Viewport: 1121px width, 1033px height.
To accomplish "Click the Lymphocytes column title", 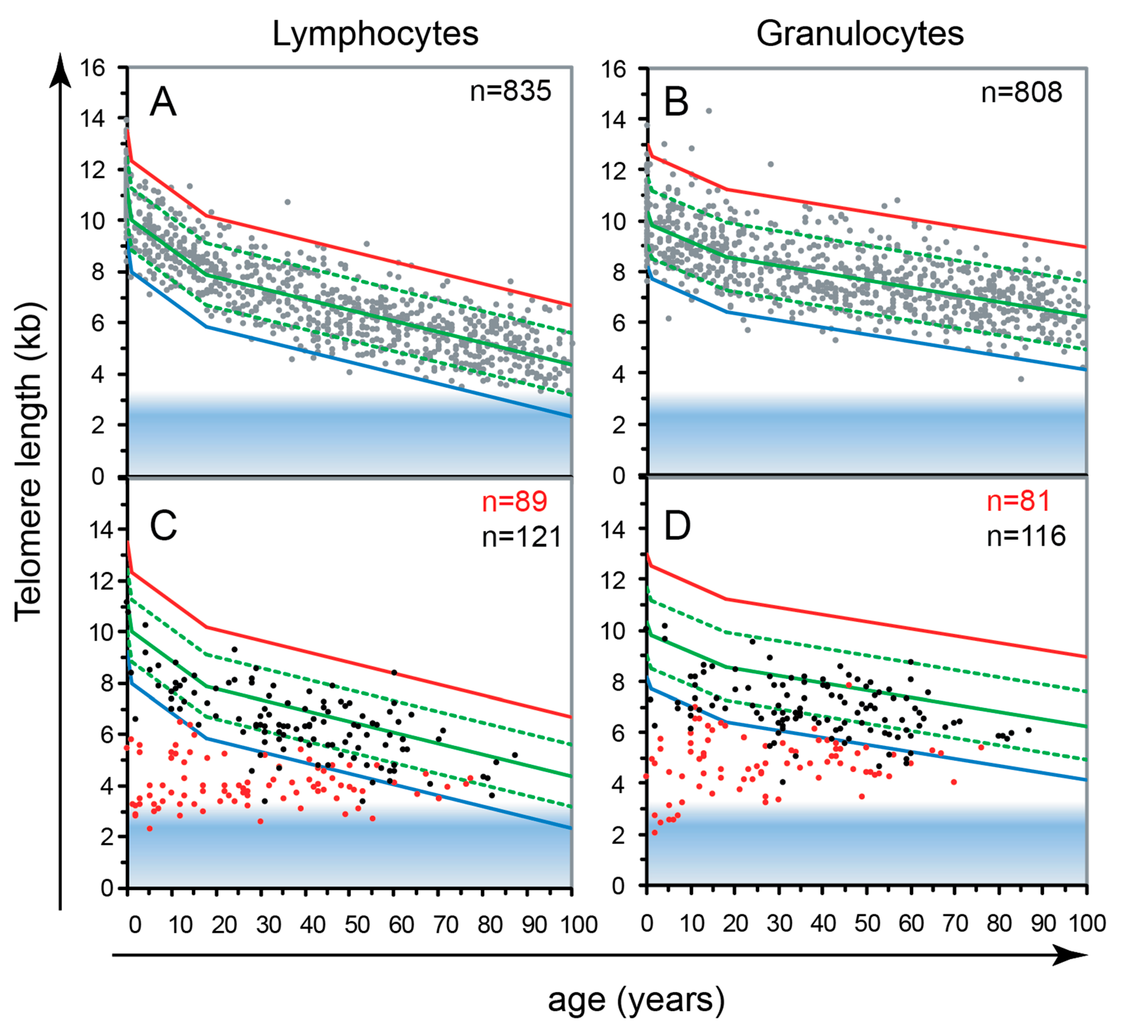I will [x=375, y=34].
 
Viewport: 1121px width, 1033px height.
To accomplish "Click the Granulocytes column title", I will [x=860, y=34].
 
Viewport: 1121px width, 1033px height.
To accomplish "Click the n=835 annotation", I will [x=510, y=91].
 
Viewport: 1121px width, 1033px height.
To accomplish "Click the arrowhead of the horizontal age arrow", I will [x=1071, y=955].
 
